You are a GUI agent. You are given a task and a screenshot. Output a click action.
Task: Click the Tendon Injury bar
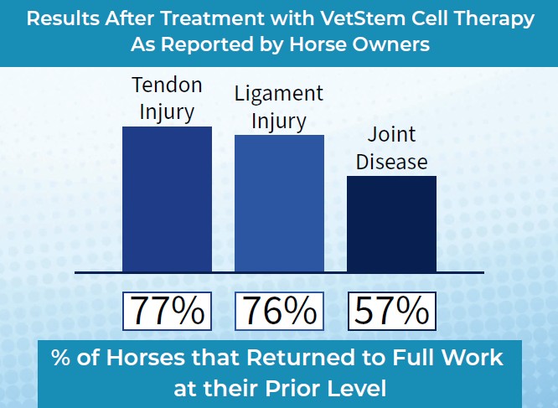coord(167,199)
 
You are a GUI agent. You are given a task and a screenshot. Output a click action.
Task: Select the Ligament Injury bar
coord(279,204)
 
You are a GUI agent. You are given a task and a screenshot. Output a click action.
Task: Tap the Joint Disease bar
coord(391,224)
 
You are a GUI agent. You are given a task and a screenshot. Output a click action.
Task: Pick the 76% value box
coord(279,311)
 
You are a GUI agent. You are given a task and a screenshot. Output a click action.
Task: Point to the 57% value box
coord(391,311)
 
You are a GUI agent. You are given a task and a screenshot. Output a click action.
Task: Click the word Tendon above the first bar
coord(168,85)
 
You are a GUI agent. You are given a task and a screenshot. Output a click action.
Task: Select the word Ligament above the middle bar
coord(279,94)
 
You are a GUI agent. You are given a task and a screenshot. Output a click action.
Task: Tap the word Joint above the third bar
coord(391,135)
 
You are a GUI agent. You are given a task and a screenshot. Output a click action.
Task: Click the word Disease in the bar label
coord(391,161)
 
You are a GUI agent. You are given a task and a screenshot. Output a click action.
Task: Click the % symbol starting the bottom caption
coord(61,359)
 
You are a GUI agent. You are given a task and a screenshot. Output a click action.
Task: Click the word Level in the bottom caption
coord(363,388)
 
